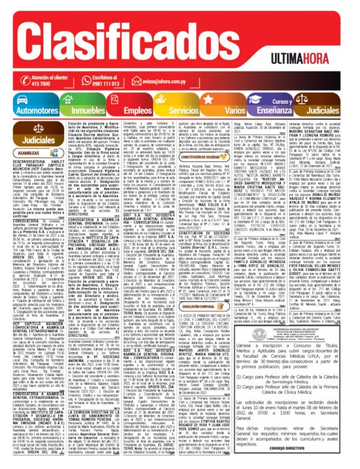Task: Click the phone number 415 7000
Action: pyautogui.click(x=25, y=84)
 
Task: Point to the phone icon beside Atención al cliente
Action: pyautogui.click(x=9, y=81)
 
